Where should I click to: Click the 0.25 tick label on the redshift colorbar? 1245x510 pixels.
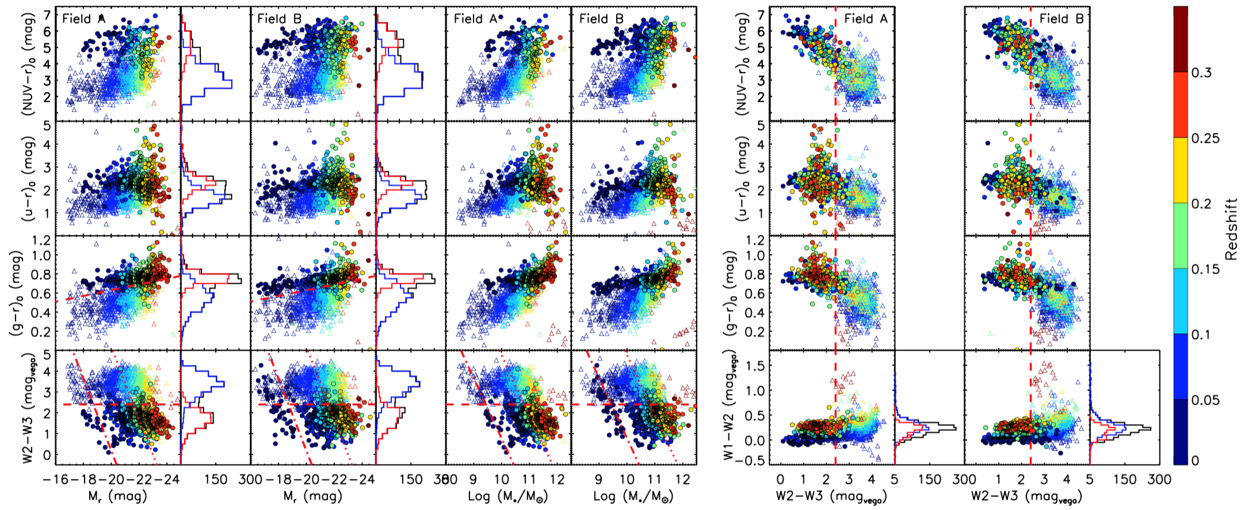point(1205,138)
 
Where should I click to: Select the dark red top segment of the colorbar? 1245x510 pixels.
point(1181,39)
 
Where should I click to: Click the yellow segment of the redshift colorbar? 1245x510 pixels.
point(1181,170)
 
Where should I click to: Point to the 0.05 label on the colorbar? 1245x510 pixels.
point(1205,400)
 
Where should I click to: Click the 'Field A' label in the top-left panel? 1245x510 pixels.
point(84,18)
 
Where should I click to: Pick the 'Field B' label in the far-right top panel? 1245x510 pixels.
point(1061,18)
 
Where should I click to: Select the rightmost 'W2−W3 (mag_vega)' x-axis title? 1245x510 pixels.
point(1026,496)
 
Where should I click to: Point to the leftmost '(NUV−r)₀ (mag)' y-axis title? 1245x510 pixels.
point(28,64)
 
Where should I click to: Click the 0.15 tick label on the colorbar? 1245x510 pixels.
point(1205,269)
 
